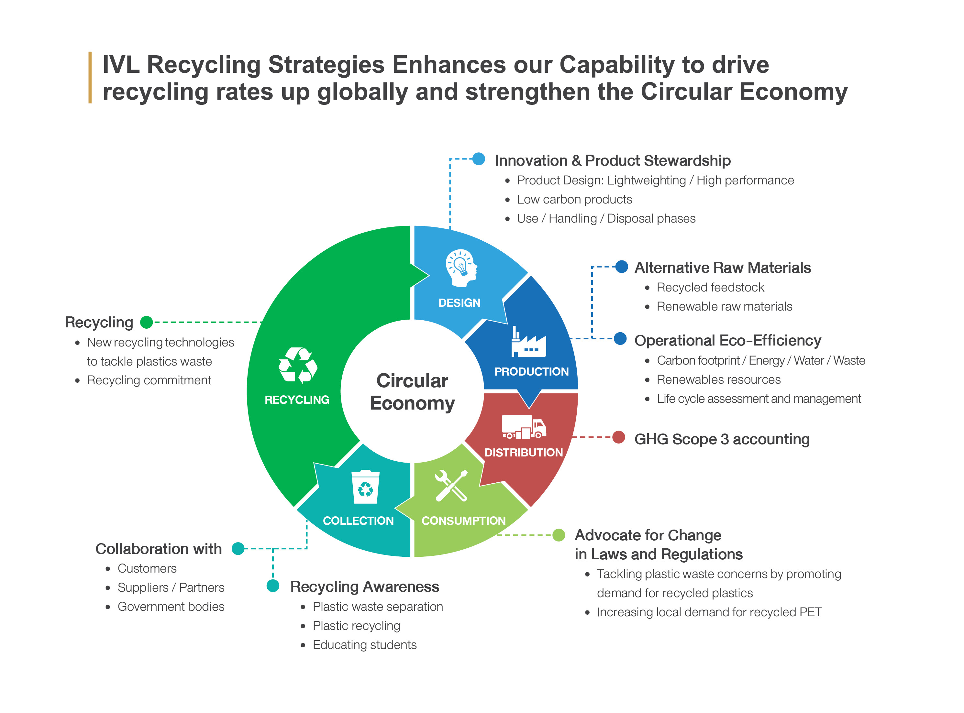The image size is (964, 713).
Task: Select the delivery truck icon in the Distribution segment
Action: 524,427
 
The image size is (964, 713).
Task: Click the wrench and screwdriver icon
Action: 451,486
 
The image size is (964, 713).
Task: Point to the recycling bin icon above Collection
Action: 365,487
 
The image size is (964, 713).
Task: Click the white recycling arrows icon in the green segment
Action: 298,366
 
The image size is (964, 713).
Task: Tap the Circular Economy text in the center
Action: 412,391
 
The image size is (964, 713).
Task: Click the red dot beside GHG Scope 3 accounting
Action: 619,437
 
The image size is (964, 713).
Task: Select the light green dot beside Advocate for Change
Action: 559,535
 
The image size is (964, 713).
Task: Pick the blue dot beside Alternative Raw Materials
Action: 622,267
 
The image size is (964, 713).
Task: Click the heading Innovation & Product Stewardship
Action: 613,160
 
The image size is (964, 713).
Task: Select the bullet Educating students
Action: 364,645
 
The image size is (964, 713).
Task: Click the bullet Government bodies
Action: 171,607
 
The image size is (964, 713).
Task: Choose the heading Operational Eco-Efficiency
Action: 727,341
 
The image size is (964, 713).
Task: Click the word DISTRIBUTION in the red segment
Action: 524,452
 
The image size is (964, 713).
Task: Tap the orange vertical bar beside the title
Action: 90,78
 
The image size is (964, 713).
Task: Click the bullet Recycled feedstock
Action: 710,288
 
